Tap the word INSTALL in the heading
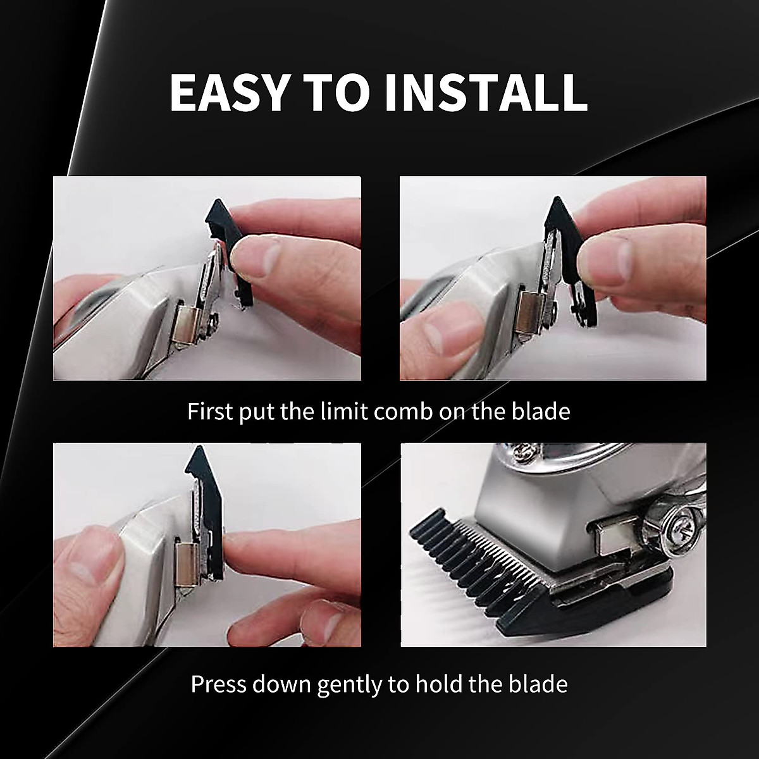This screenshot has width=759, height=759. coord(486,92)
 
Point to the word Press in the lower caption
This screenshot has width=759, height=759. coord(219,684)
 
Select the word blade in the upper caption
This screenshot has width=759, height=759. coord(539,411)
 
